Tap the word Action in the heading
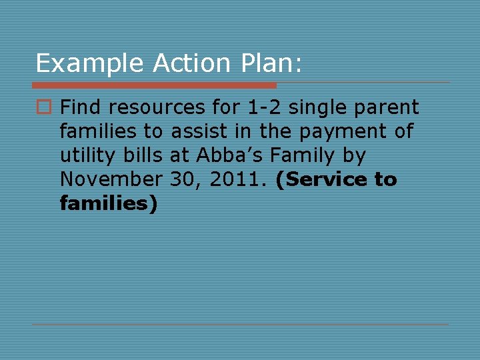[190, 63]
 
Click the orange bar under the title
[154, 85]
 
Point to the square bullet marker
[45, 107]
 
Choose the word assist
[199, 131]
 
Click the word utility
[86, 156]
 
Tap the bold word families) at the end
[108, 203]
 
